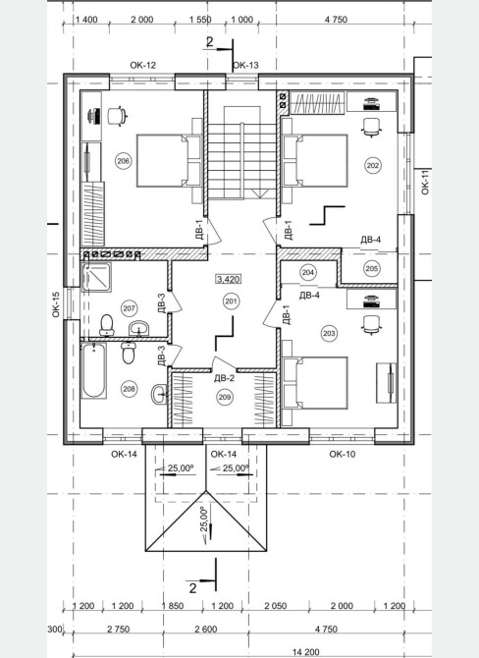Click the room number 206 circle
point(123,161)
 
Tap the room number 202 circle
point(372,165)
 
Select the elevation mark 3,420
point(229,279)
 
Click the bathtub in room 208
point(93,370)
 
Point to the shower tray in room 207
point(96,277)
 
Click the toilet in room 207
point(107,325)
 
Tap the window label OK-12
point(142,65)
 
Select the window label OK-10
point(343,454)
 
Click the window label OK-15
point(56,304)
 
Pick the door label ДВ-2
point(224,378)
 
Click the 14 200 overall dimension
point(306,652)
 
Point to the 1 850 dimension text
point(173,606)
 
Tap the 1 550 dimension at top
point(200,20)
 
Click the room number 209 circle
point(225,397)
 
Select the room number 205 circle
point(372,268)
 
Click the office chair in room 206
point(117,116)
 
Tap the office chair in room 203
point(372,325)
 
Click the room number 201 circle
point(231,302)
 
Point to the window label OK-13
point(245,65)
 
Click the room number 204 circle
point(308,272)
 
